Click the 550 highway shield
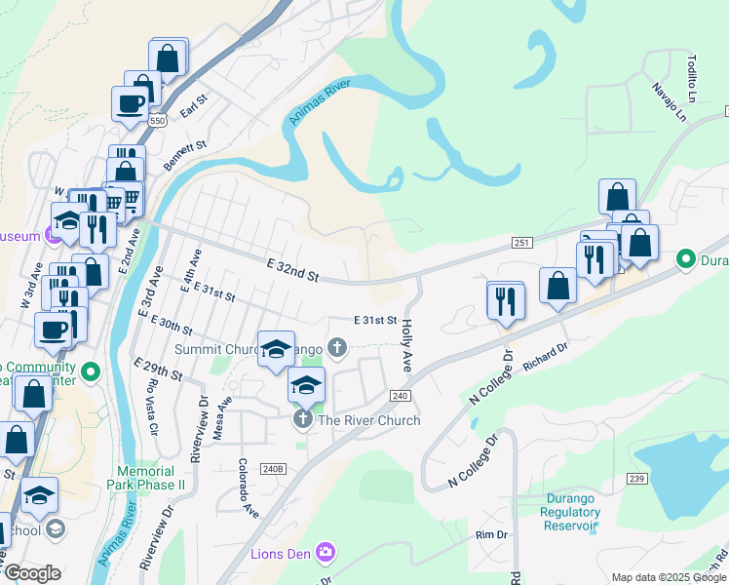pyautogui.click(x=158, y=121)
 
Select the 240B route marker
pyautogui.click(x=274, y=469)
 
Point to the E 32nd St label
pyautogui.click(x=292, y=270)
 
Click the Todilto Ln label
pyautogui.click(x=692, y=71)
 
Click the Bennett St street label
pyautogui.click(x=186, y=156)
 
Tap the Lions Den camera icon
pyautogui.click(x=325, y=554)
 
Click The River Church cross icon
pyautogui.click(x=303, y=420)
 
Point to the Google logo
pyautogui.click(x=32, y=573)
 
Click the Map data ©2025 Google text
pyautogui.click(x=669, y=577)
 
